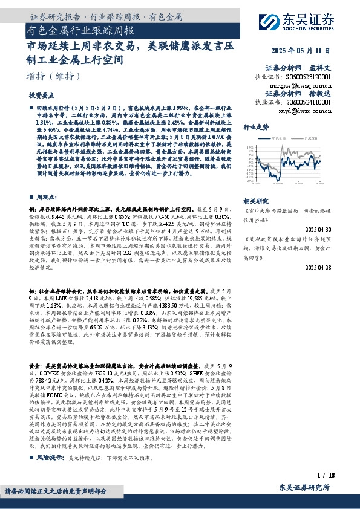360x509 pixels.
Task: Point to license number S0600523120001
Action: point(308,77)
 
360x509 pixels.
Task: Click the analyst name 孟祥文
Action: point(322,68)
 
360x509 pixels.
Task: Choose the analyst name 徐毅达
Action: point(322,94)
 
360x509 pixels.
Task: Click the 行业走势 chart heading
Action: point(256,128)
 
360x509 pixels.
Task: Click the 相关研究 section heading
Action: point(256,200)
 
